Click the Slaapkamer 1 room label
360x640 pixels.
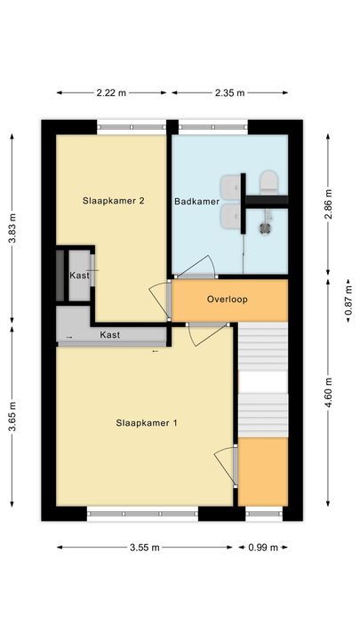click(146, 423)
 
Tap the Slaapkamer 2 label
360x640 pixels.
click(114, 201)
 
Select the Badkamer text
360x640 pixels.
click(196, 202)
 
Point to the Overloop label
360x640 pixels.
click(227, 300)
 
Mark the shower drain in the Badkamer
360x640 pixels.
click(264, 227)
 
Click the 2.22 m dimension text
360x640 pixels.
click(112, 92)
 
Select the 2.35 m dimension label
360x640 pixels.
click(229, 92)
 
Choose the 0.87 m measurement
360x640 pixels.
click(348, 300)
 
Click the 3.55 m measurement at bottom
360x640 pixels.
click(145, 548)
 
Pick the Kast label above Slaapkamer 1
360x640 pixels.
click(110, 335)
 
